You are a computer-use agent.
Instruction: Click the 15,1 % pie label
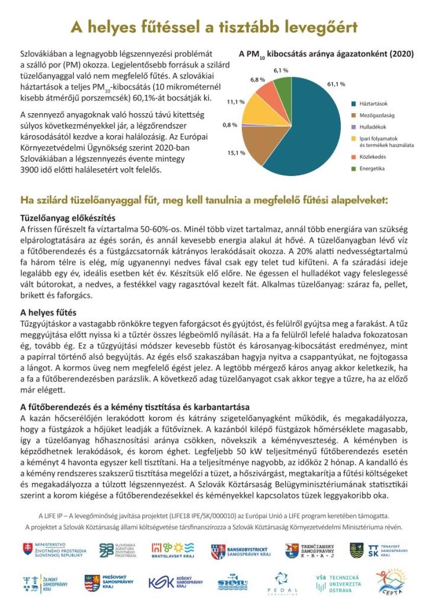(236, 153)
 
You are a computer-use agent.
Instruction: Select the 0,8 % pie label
(229, 125)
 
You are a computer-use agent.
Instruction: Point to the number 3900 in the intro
(30, 170)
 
